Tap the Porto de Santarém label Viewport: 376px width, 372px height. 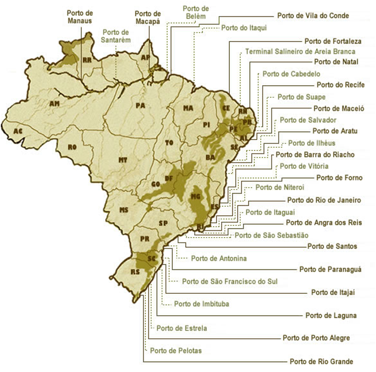[x=116, y=36]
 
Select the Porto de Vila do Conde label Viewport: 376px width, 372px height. [x=313, y=16]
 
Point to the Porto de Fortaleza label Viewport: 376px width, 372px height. [x=332, y=41]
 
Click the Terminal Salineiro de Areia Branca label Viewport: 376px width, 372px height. [x=300, y=52]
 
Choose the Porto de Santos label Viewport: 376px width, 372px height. [x=332, y=246]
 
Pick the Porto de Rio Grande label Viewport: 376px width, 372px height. [x=321, y=361]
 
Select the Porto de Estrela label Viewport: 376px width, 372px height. [x=182, y=328]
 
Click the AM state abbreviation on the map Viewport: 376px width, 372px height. [x=54, y=103]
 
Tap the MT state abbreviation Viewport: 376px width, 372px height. [x=123, y=160]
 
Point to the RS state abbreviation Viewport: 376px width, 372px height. [x=136, y=271]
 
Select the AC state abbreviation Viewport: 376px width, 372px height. [x=17, y=131]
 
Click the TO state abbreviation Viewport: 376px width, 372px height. [x=169, y=143]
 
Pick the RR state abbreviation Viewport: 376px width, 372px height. [x=87, y=60]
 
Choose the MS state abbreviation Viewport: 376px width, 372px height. [x=123, y=210]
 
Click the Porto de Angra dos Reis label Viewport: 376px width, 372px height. [x=324, y=223]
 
